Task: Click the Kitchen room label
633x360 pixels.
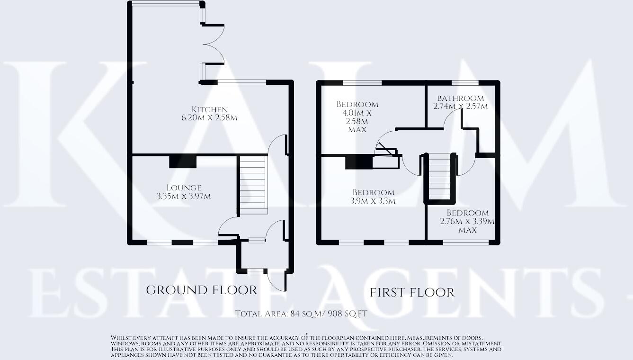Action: (x=209, y=109)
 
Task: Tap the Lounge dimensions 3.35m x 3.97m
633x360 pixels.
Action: (x=184, y=196)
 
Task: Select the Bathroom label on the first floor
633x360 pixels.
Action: (x=460, y=99)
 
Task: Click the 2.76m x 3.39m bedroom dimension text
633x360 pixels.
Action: (x=467, y=221)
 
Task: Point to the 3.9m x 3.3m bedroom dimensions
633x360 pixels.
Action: (x=373, y=201)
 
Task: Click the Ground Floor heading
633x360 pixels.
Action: (x=201, y=290)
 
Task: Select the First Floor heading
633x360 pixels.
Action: (x=412, y=292)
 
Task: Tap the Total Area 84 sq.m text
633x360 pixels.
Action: (x=301, y=314)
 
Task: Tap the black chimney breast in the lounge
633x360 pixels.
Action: (x=183, y=162)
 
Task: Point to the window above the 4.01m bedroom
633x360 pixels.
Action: (x=362, y=82)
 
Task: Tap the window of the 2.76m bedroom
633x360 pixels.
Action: (x=466, y=242)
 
